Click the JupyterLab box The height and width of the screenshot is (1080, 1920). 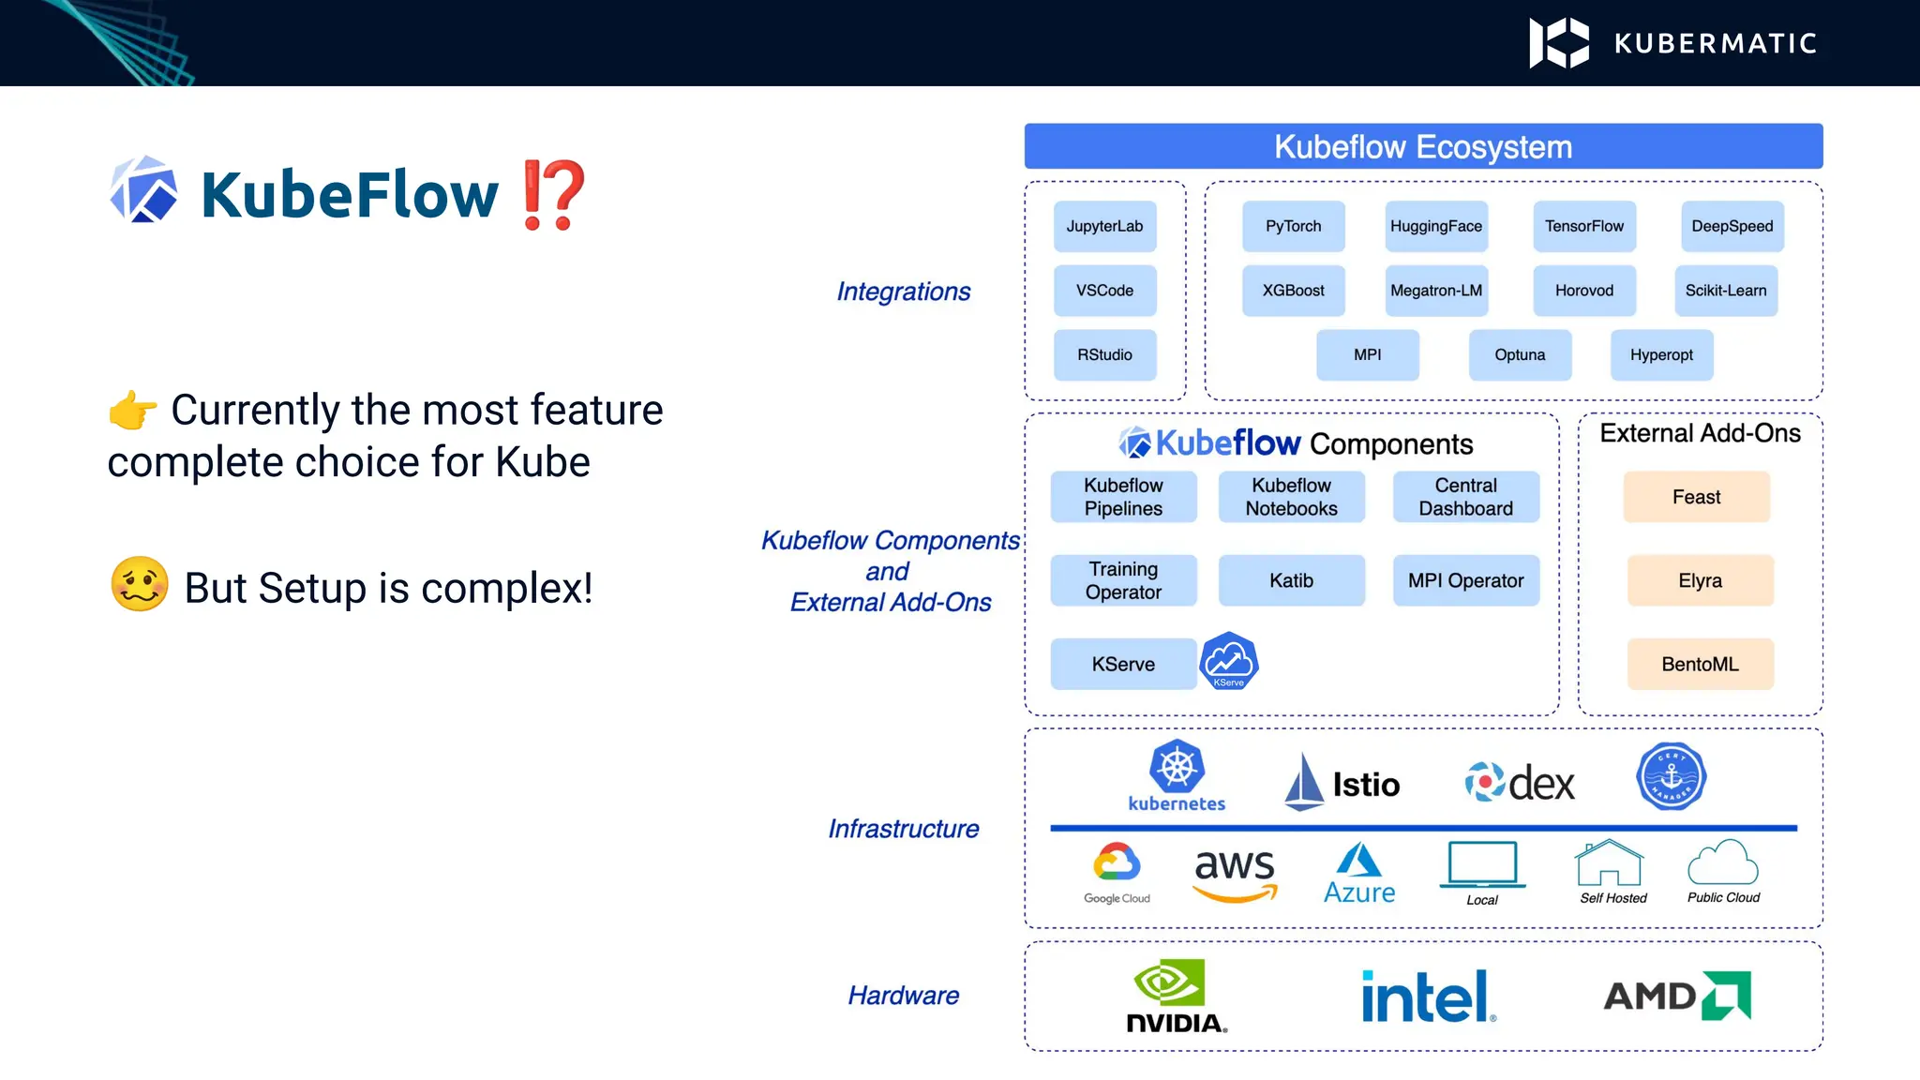click(1104, 226)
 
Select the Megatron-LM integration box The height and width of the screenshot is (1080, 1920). click(1435, 291)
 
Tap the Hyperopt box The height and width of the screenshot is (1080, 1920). click(1660, 355)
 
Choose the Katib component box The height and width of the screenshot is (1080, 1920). click(1291, 580)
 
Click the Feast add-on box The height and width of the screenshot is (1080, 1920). click(1696, 497)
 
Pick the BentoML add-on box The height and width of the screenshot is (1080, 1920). click(1700, 664)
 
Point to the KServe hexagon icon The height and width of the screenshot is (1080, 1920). click(1228, 661)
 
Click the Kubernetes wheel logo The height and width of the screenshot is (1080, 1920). click(1177, 769)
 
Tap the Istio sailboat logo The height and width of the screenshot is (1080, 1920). click(1303, 782)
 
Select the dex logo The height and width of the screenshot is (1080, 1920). click(1519, 782)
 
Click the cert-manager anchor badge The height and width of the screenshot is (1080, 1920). click(1671, 777)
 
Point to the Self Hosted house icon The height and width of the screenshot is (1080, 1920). click(1609, 863)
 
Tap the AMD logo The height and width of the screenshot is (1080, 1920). click(1676, 996)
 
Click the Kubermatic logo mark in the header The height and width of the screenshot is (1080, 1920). click(1558, 43)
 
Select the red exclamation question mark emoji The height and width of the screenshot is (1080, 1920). click(553, 195)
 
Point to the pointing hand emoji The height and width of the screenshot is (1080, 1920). click(132, 411)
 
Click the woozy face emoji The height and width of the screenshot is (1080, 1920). click(140, 584)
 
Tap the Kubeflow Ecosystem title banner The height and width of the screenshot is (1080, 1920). click(1422, 147)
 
